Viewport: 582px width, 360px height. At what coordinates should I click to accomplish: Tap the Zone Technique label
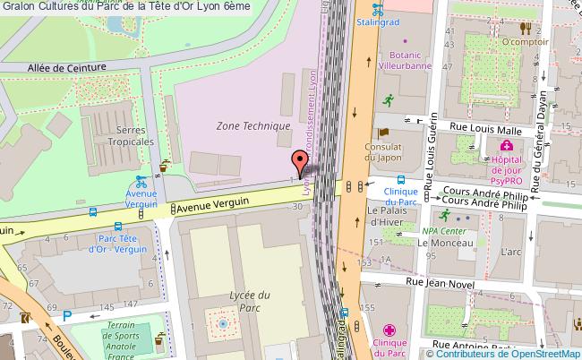(x=252, y=127)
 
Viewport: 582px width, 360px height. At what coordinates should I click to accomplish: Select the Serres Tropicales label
(x=131, y=134)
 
